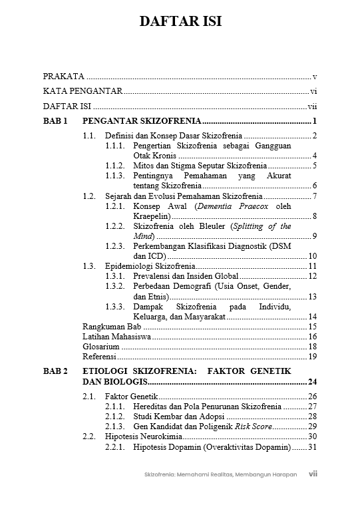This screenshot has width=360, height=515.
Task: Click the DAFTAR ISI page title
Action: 180,21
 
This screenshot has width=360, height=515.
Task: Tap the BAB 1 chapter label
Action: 56,121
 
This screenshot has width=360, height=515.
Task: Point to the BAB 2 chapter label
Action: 56,371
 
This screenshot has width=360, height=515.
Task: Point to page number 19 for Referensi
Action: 312,357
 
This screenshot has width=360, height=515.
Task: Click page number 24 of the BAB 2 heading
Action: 311,381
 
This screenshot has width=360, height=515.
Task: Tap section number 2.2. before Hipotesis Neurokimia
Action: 90,436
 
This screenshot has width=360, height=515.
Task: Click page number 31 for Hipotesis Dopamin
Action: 311,446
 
